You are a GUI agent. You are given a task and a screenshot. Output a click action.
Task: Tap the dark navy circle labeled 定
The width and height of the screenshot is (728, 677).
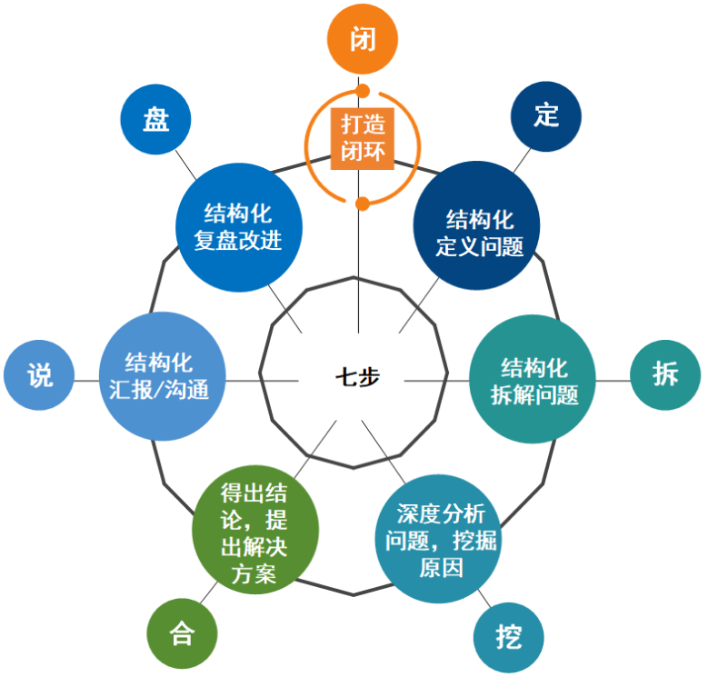tap(546, 115)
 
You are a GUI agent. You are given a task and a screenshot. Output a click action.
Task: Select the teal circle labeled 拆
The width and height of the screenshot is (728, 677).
tap(665, 374)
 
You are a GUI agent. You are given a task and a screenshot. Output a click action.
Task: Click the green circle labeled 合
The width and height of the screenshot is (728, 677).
tap(183, 634)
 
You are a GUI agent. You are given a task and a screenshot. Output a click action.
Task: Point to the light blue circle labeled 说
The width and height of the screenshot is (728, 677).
tap(39, 375)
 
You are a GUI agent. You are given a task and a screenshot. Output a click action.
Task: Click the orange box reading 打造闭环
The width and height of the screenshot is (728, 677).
tap(363, 137)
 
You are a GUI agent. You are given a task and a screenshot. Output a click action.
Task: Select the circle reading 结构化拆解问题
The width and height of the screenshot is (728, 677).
tap(533, 380)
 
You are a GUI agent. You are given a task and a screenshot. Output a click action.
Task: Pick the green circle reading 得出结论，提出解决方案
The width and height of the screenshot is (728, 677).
tap(255, 532)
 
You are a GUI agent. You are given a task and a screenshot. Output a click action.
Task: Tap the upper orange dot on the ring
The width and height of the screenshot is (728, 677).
tap(363, 91)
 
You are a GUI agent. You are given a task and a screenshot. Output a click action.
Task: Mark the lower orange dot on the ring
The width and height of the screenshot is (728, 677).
tap(363, 203)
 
